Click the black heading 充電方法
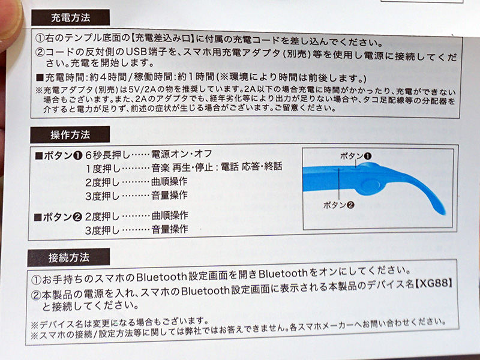coord(70,17)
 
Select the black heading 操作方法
coord(70,134)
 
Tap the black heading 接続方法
coord(68,257)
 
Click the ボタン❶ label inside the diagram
coord(356,156)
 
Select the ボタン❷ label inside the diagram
coord(339,205)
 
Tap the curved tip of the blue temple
coord(441,211)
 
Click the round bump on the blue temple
coord(370,186)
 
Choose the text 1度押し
coord(103,169)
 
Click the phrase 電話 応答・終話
coord(251,167)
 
